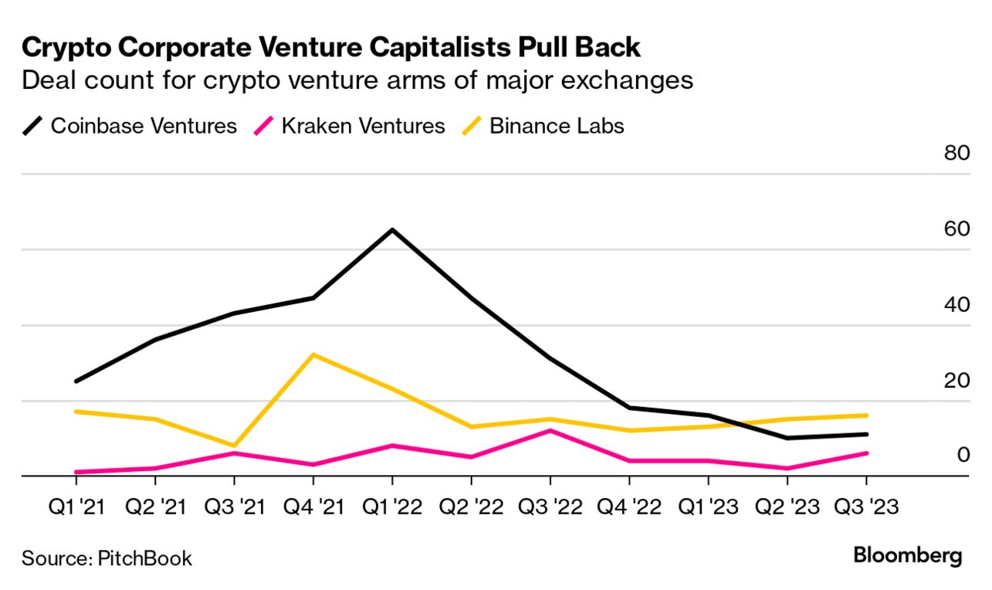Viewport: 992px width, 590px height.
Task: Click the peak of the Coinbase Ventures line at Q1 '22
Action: click(392, 230)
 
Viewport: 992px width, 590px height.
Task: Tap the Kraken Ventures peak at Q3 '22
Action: click(550, 430)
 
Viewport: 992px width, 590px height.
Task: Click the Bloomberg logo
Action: click(908, 555)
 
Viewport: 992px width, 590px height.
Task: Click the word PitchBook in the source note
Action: click(145, 558)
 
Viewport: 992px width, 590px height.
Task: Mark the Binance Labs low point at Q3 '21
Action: click(234, 446)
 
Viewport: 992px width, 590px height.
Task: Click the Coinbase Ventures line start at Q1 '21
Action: click(76, 381)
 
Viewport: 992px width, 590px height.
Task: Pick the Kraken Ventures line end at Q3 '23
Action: click(865, 453)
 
